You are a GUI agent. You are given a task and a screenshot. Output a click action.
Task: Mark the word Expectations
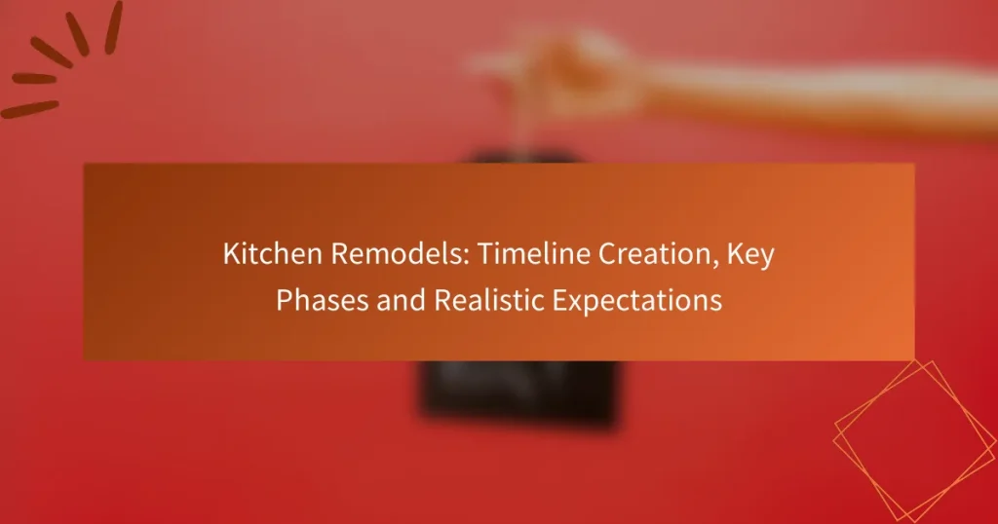coord(637,300)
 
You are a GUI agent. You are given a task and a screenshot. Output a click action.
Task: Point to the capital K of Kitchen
coord(231,254)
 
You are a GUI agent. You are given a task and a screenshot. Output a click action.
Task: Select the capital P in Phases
coord(284,300)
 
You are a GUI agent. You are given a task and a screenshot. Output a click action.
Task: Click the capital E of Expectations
coord(560,300)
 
